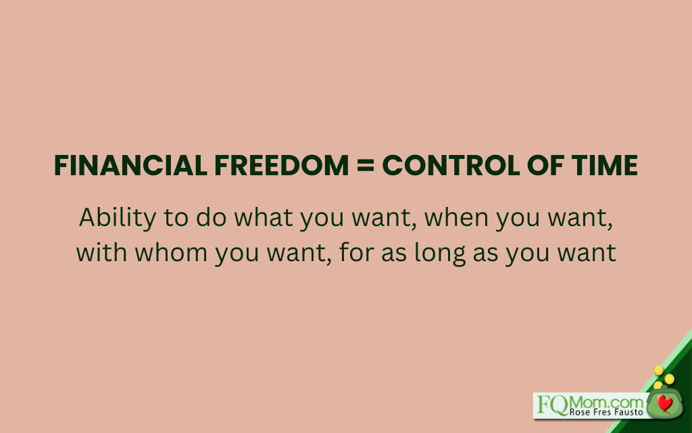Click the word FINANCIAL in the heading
[x=130, y=165]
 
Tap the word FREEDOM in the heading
[x=282, y=165]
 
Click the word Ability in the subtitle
[x=118, y=219]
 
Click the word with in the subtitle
[x=102, y=253]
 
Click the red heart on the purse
[x=664, y=403]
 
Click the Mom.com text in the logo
[x=607, y=403]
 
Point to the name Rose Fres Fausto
[x=606, y=412]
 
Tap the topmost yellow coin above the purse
[x=659, y=370]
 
